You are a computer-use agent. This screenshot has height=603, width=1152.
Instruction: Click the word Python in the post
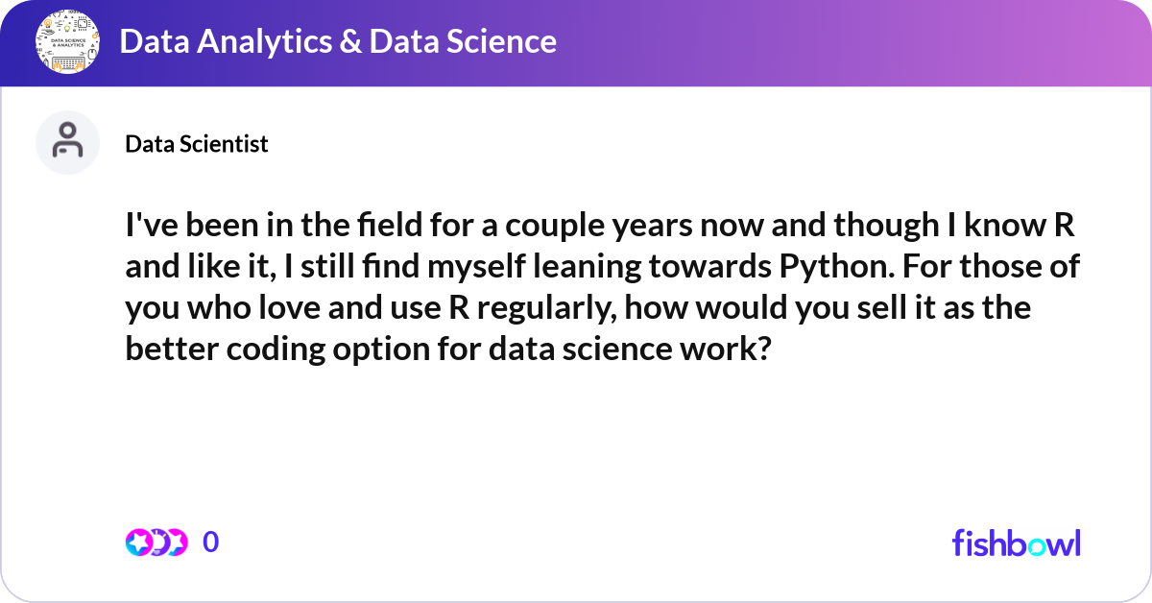coord(837,267)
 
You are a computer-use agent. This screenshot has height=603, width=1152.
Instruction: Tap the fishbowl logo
coord(1017,543)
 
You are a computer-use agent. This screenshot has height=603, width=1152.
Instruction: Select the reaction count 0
coord(211,542)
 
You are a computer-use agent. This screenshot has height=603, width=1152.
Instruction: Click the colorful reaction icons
coord(156,543)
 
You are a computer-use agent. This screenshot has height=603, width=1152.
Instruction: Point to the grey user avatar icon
coord(67,142)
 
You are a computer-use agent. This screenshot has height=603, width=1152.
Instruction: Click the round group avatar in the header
coord(67,41)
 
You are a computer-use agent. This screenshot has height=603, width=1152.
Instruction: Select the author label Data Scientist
coord(197,143)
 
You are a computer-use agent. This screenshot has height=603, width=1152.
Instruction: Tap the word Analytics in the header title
coord(264,41)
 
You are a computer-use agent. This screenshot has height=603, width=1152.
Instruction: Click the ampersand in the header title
coord(350,41)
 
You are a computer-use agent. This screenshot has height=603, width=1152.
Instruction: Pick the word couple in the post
coord(555,226)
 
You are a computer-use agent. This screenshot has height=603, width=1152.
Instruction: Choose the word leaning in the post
coord(587,267)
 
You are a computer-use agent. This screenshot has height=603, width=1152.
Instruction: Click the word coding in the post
coord(276,350)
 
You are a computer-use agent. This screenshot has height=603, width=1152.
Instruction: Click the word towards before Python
coord(710,267)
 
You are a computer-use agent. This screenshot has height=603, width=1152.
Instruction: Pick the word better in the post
coord(172,350)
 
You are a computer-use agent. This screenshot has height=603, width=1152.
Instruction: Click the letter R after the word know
coord(1064,226)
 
